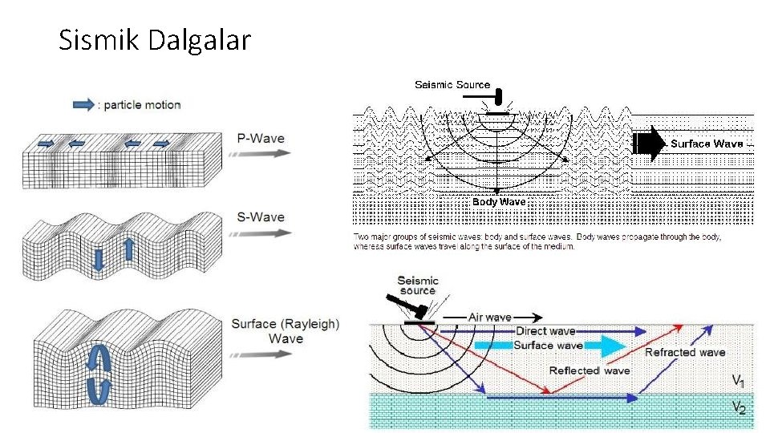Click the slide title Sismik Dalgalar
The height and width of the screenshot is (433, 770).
(x=155, y=39)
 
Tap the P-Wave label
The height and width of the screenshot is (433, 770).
(x=261, y=138)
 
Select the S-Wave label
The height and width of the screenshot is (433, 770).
(x=261, y=217)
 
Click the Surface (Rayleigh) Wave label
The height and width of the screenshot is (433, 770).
(x=286, y=331)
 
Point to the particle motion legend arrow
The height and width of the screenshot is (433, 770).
(x=83, y=104)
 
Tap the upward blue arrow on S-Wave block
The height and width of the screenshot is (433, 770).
(x=128, y=249)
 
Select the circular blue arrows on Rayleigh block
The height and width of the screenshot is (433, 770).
(x=99, y=372)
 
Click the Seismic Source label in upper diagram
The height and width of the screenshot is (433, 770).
(x=452, y=84)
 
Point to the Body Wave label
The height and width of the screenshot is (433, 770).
(x=499, y=202)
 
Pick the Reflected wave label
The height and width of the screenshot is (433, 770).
(x=590, y=370)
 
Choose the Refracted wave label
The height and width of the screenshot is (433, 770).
(x=685, y=352)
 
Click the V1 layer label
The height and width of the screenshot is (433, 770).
(x=739, y=380)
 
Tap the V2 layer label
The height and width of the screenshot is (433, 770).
(x=739, y=408)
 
